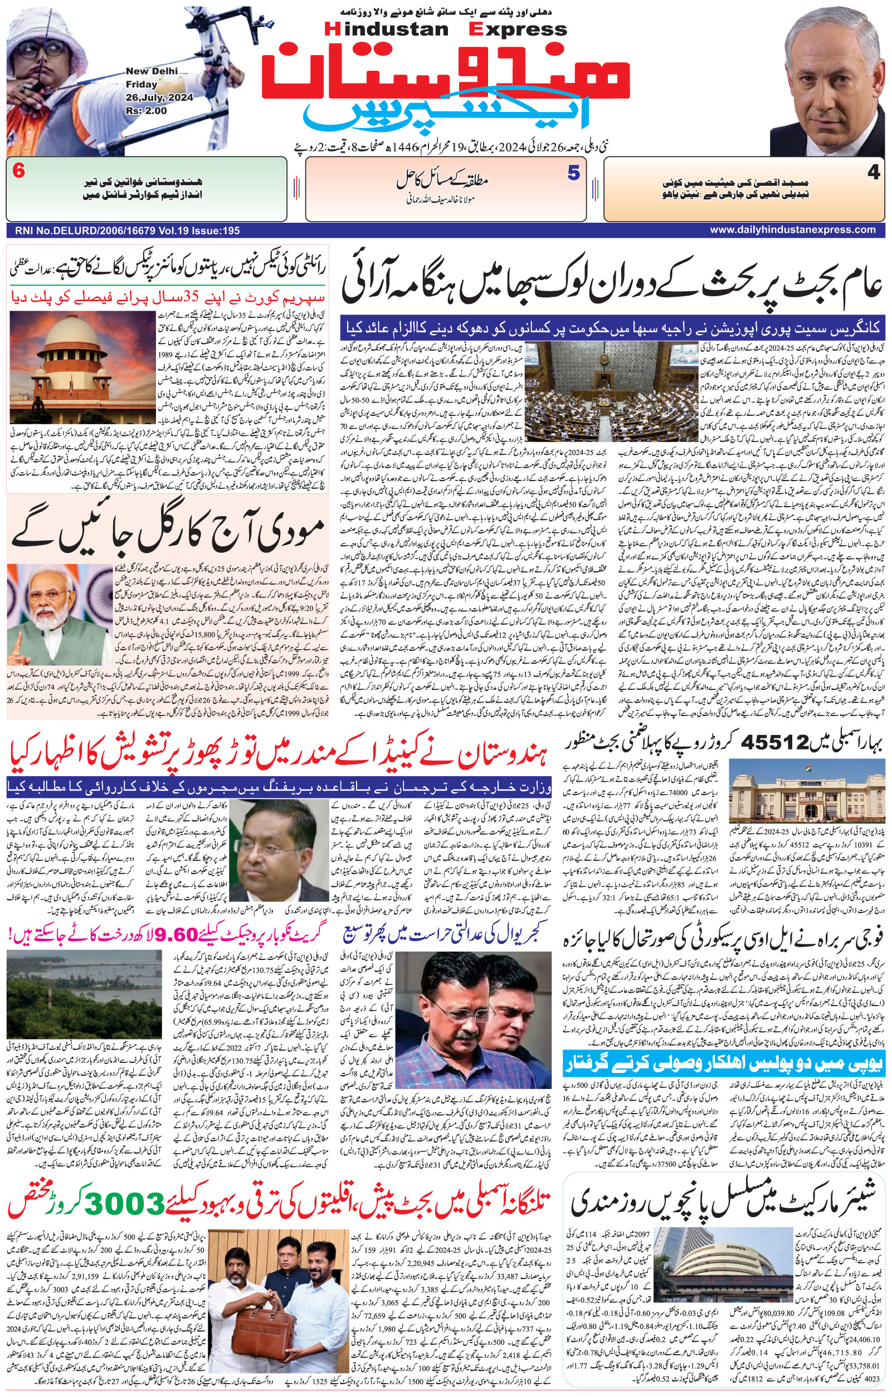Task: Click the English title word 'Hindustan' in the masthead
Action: coord(387,29)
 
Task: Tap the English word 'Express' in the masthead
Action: coord(519,29)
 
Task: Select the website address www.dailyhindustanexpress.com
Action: coord(792,230)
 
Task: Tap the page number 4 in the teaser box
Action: coord(874,173)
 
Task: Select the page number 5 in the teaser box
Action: coord(573,173)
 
